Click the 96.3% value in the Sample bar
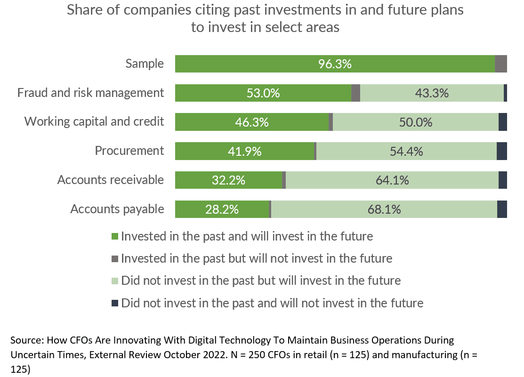[x=335, y=64]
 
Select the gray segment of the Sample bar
[x=501, y=64]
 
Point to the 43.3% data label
[x=432, y=93]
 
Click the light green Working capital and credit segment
[x=416, y=122]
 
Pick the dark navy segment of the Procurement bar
[x=502, y=152]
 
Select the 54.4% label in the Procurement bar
[x=406, y=152]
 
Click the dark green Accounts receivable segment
[x=228, y=180]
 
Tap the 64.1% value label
[x=392, y=180]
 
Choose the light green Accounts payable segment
[x=384, y=209]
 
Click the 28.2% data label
[x=222, y=209]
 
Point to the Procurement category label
[x=129, y=151]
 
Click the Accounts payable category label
[x=117, y=209]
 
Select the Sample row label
[x=145, y=64]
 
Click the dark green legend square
[x=114, y=236]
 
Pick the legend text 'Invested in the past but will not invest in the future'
[x=257, y=258]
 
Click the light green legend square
[x=114, y=281]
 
